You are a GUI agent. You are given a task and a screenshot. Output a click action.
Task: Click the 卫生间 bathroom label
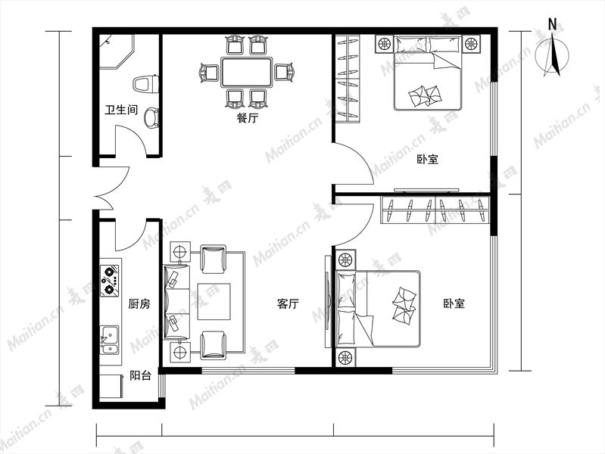(121, 110)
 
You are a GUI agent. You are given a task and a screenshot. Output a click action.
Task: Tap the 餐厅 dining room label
(248, 117)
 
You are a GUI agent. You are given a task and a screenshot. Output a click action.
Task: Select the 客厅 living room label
(288, 304)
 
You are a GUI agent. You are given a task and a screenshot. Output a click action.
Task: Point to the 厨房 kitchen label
(139, 304)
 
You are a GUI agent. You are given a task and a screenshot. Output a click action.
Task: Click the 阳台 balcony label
(140, 375)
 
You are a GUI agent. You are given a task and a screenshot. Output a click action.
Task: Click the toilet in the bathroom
(146, 84)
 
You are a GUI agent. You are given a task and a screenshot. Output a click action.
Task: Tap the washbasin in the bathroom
(151, 118)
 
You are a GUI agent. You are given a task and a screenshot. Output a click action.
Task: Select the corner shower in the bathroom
(116, 52)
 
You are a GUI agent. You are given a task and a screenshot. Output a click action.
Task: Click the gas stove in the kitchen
(110, 281)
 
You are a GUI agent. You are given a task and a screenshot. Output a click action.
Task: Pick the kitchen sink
(110, 340)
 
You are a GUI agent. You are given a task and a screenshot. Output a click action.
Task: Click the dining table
(247, 72)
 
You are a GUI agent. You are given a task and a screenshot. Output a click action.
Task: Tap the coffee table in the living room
(214, 302)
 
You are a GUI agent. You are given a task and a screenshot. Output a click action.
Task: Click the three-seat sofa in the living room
(176, 302)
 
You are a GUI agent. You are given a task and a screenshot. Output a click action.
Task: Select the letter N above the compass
(553, 25)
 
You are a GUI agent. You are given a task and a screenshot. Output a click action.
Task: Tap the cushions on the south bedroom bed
(404, 305)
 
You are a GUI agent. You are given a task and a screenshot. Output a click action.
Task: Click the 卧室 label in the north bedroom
(428, 159)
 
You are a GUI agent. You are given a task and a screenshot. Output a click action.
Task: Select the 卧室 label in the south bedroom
(454, 303)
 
